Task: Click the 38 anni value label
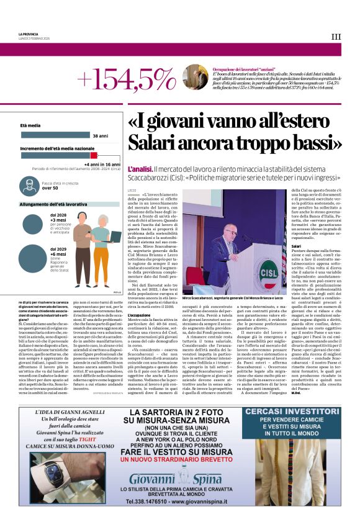pyautogui.click(x=100, y=135)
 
